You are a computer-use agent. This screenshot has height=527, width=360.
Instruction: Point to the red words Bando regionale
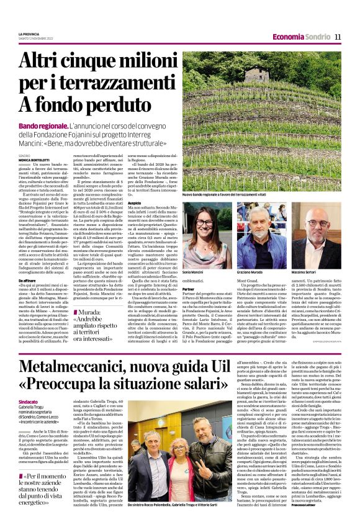(x=61, y=126)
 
